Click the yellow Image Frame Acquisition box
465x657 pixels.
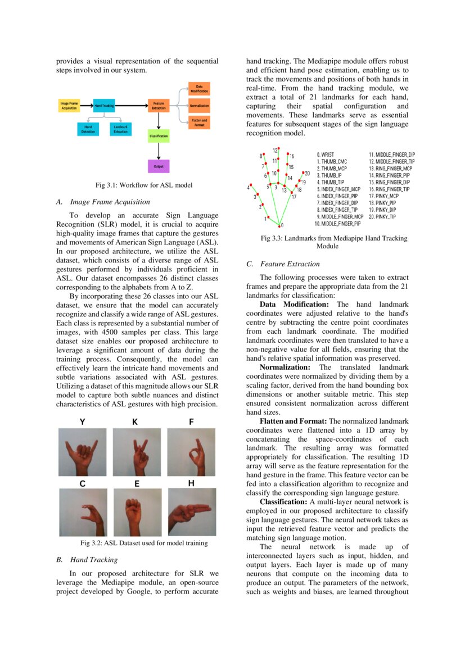[x=69, y=106]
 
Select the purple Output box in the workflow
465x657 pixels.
[x=159, y=166]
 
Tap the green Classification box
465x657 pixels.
[x=159, y=136]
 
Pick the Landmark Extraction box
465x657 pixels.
[x=120, y=129]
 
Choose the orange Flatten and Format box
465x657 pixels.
[x=198, y=122]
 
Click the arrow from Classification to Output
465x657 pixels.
[x=159, y=151]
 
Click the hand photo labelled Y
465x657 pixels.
[x=82, y=452]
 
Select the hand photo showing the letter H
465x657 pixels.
[x=191, y=512]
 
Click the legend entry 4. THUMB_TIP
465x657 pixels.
[x=332, y=182]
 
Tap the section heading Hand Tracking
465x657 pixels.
[x=94, y=560]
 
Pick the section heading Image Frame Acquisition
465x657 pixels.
[x=110, y=202]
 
